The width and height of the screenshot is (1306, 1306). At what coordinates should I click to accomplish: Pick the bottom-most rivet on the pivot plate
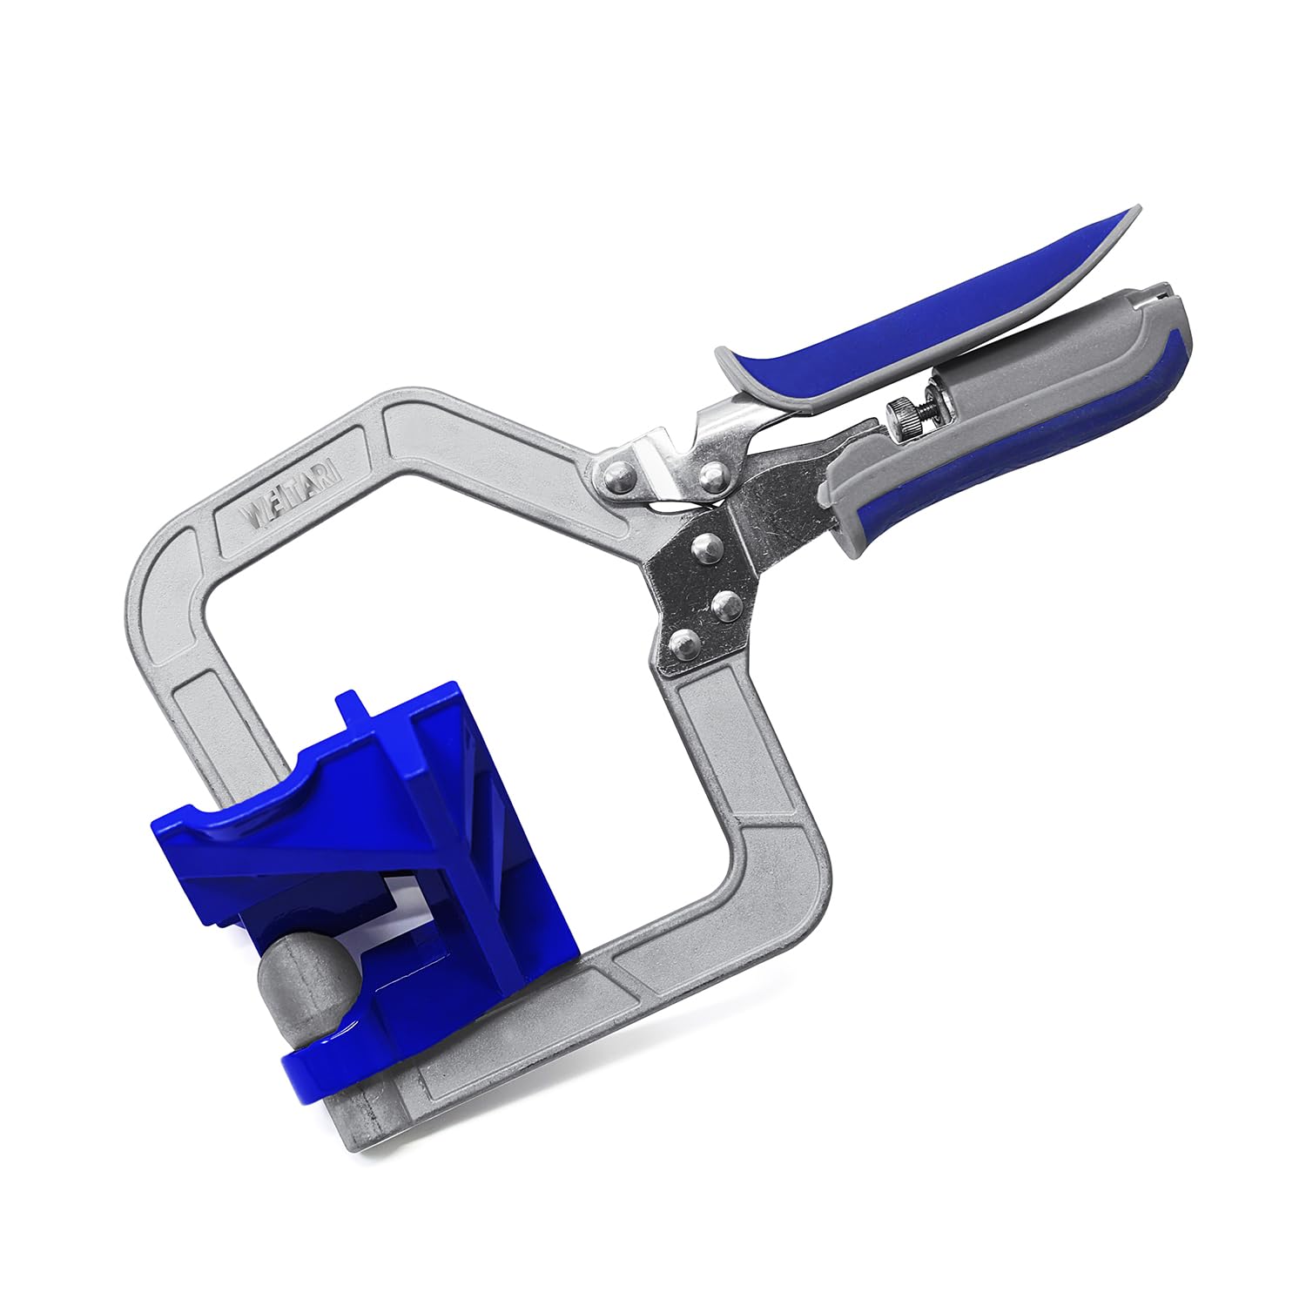(681, 643)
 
